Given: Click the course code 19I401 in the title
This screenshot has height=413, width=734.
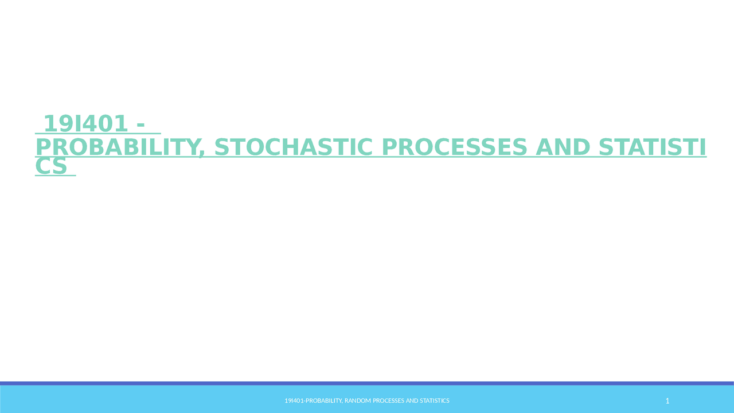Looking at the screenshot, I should pos(85,123).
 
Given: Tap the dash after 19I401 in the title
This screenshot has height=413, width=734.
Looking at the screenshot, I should pos(140,123).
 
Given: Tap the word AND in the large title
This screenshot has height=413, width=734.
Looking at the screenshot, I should pos(562,147).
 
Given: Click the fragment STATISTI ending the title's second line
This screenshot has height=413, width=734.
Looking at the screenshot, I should pos(652,147).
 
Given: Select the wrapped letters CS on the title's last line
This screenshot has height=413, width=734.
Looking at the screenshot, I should pos(51,166).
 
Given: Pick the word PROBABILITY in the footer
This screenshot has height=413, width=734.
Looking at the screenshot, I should pos(323,401).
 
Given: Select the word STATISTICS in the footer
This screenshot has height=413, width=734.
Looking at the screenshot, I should pos(435,401).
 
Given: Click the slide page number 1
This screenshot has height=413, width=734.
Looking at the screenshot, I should pos(667,401).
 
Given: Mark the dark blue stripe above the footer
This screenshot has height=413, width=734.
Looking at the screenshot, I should pos(367,383).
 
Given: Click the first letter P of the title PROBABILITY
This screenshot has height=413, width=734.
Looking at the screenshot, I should pos(44,147).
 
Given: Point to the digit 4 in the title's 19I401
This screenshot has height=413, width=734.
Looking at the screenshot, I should pos(91,123).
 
